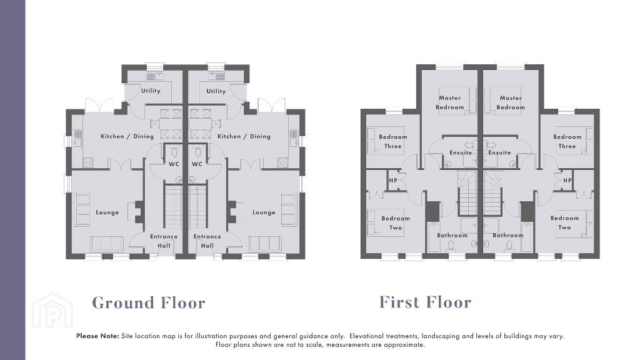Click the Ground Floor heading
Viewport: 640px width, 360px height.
pos(149,303)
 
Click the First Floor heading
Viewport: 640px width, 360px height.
pos(425,302)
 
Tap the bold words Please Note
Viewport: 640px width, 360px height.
pos(97,336)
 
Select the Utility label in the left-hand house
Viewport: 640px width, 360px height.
pos(151,91)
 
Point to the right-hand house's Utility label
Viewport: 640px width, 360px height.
pos(216,91)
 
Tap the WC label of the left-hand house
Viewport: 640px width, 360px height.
pos(174,164)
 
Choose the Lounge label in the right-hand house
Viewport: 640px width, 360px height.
pos(264,212)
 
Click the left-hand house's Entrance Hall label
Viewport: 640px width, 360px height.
pos(164,241)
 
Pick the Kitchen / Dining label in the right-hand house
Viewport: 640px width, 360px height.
pos(244,136)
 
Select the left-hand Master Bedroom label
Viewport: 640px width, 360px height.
pos(450,102)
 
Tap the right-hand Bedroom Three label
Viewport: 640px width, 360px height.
pos(567,141)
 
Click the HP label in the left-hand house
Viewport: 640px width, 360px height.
pos(393,180)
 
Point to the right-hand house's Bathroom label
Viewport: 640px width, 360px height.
pos(507,235)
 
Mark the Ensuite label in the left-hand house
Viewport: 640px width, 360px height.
pos(461,152)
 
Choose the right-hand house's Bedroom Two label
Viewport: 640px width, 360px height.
pos(564,222)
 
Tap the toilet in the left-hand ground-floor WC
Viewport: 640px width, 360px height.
pos(175,152)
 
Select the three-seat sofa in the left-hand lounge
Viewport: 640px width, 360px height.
pos(106,244)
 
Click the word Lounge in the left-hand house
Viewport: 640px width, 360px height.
pos(107,212)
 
